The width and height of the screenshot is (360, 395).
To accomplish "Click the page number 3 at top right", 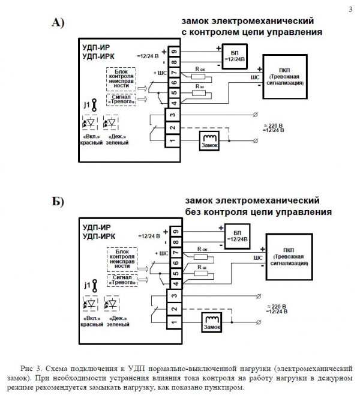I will [x=350, y=9].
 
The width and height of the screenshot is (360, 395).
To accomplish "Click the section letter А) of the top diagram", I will [x=58, y=23].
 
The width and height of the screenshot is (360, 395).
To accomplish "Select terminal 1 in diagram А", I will [x=173, y=140].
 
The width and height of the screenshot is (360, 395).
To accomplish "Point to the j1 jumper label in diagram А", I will [x=88, y=105].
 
